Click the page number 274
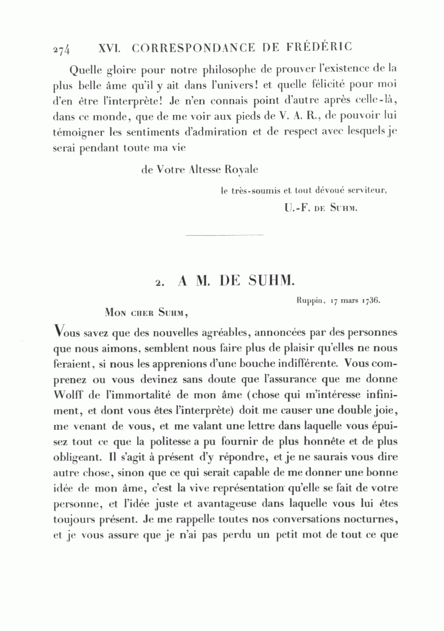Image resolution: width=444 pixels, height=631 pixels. (63, 49)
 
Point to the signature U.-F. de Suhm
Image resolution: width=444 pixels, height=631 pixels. (320, 208)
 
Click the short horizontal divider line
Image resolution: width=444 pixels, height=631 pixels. (224, 235)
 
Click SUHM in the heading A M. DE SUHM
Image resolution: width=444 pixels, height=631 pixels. (271, 281)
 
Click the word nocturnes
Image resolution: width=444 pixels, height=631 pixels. (369, 520)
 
